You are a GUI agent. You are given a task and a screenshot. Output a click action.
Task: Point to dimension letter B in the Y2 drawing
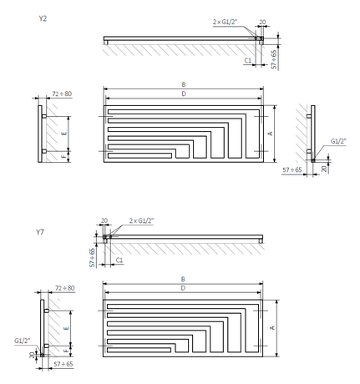[x=184, y=84]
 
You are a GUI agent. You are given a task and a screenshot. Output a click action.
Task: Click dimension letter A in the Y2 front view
[x=270, y=132]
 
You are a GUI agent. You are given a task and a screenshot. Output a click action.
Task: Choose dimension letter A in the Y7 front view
[x=273, y=329]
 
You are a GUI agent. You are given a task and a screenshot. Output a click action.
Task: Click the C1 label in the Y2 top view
[x=248, y=60]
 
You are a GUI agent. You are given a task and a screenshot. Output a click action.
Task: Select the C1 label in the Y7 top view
[x=119, y=260]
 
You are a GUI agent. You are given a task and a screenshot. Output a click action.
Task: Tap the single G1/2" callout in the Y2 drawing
[x=339, y=141]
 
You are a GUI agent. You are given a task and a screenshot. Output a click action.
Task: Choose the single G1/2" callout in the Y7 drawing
[x=23, y=341]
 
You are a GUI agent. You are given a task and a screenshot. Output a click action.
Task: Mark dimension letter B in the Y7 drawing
[x=184, y=280]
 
